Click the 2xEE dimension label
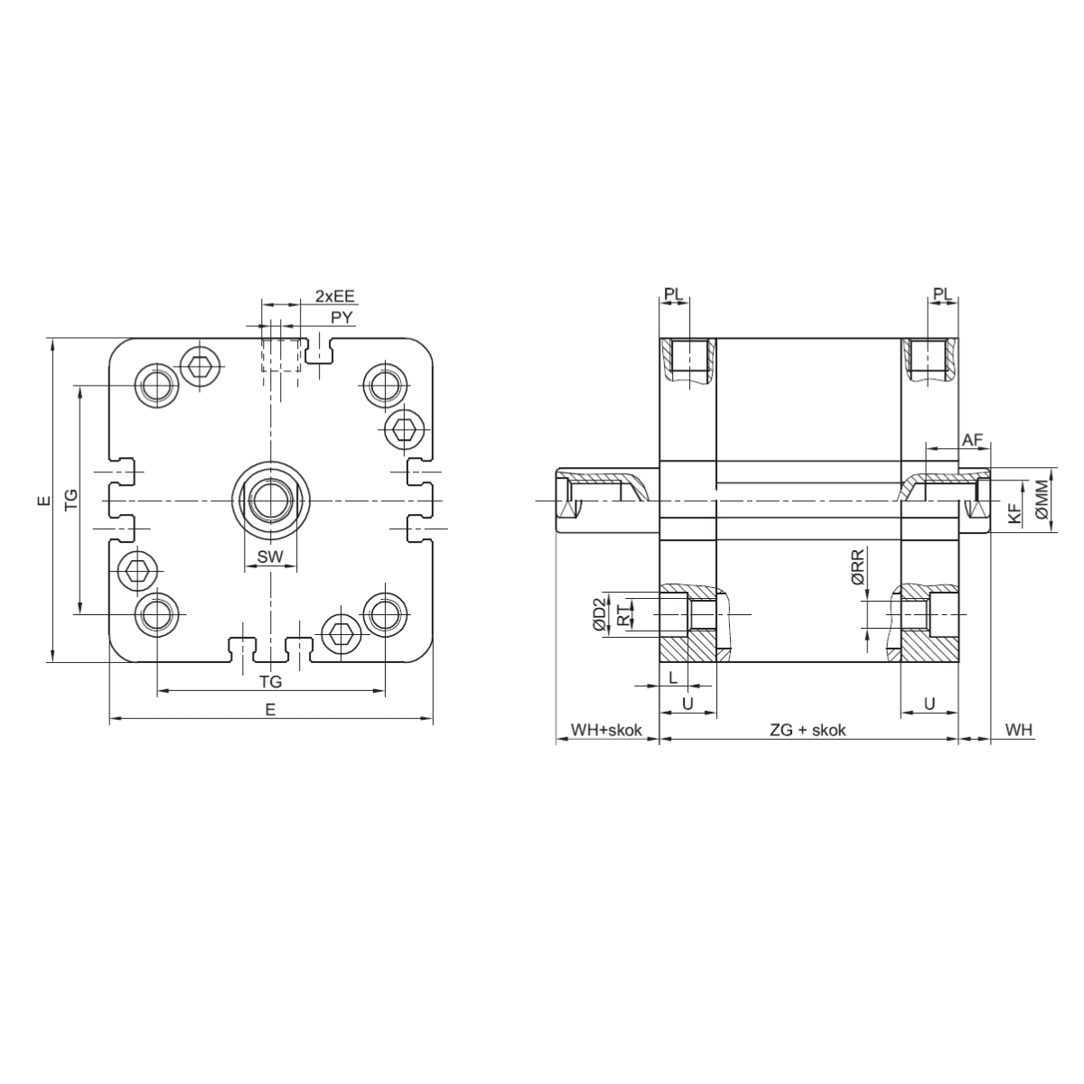[x=335, y=296]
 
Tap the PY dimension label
[x=341, y=317]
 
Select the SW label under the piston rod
[x=270, y=557]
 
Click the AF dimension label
[x=971, y=439]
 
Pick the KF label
[x=1014, y=514]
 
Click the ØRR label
[x=857, y=567]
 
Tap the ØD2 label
[x=601, y=613]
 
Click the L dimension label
[x=673, y=677]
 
